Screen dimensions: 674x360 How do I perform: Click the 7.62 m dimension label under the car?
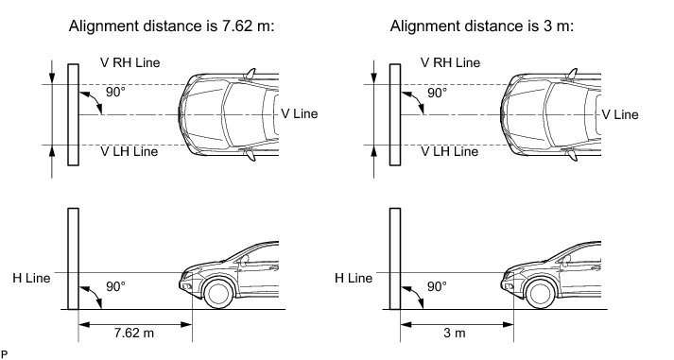coord(134,333)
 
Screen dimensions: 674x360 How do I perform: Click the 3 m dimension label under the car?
coord(455,333)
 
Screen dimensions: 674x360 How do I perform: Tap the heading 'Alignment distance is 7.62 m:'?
coord(171,26)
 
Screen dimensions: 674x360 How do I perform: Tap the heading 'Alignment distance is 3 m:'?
coord(482,26)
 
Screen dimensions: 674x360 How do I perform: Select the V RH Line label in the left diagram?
coord(130,62)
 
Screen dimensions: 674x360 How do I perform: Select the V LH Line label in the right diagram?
coord(450,151)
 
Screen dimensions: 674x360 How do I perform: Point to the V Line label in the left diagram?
coord(299,113)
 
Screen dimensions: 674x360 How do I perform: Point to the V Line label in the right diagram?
coord(620,114)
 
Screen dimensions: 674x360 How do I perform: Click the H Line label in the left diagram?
coord(31,278)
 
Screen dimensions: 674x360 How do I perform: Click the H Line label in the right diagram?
coord(354,278)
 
